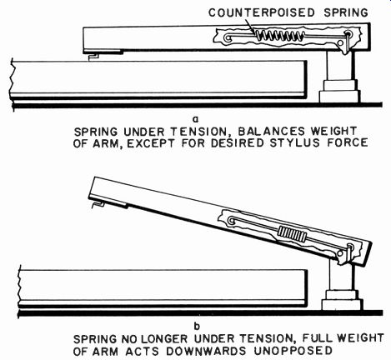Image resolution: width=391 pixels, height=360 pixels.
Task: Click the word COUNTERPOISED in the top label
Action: coord(262,12)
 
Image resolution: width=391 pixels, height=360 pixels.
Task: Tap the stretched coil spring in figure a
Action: coord(279,36)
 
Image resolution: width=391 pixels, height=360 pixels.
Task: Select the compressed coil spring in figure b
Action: coord(293,234)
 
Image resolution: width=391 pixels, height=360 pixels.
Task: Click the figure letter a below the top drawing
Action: coord(196,119)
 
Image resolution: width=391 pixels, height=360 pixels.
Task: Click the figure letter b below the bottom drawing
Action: coord(197,327)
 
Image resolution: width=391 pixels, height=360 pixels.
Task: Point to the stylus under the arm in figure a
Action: coord(93,57)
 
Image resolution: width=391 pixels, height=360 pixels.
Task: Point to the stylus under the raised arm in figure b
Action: coord(98,204)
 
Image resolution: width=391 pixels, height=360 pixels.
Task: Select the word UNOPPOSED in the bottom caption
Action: coord(293,351)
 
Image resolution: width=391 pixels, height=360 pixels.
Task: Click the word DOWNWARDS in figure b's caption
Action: coord(206,351)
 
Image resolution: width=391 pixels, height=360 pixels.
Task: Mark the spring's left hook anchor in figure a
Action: coord(228,37)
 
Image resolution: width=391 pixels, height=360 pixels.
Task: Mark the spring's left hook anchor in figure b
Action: coord(231,221)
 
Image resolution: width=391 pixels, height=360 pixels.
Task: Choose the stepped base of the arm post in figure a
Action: coord(340,91)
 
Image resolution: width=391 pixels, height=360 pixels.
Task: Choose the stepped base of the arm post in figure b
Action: coord(342,300)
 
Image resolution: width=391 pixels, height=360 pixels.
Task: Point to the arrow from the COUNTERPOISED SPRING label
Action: coord(250,26)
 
